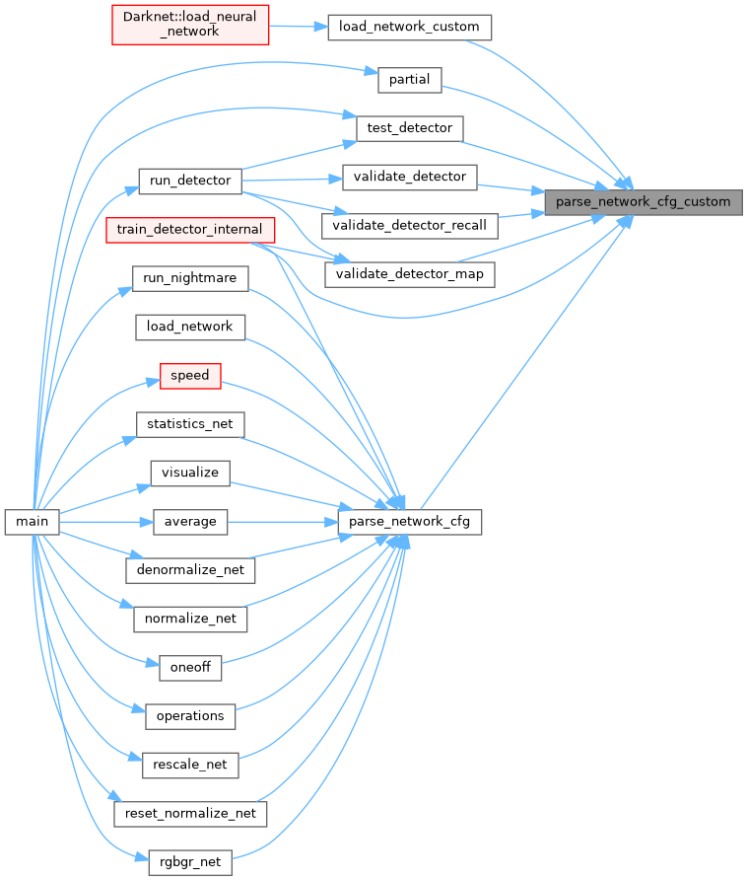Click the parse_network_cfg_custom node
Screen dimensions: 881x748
(644, 202)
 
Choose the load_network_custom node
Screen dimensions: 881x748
(409, 27)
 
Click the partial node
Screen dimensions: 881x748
(410, 80)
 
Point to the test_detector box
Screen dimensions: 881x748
(409, 128)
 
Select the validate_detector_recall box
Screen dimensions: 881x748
(410, 225)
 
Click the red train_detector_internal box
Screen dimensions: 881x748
(189, 230)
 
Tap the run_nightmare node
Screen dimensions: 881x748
(190, 278)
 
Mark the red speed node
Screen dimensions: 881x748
(190, 376)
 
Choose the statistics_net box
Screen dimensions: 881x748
(190, 424)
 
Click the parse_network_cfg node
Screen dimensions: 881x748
(410, 522)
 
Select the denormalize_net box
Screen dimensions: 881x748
(190, 570)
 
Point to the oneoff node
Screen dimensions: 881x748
(190, 667)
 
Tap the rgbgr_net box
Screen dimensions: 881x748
(190, 862)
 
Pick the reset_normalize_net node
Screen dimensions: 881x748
(190, 813)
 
